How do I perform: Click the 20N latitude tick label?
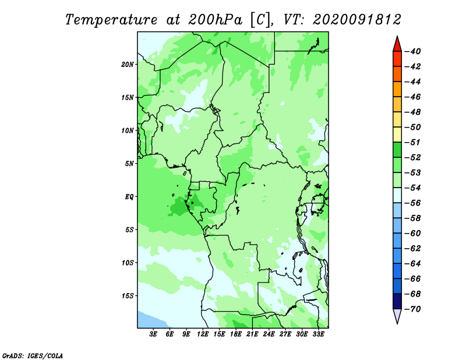tap(127, 65)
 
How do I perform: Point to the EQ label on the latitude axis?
tap(129, 197)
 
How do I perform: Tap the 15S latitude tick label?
tap(127, 296)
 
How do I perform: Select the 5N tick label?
tap(129, 164)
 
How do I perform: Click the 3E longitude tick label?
tap(153, 334)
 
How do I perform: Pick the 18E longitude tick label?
tap(236, 334)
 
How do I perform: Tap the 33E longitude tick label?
tap(318, 334)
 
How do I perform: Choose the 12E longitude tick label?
tap(203, 334)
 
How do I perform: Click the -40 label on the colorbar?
tap(412, 51)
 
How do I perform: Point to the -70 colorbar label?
tap(412, 309)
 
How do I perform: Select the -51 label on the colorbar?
tap(412, 142)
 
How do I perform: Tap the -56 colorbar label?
tap(412, 203)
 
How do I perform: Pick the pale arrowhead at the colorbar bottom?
tap(397, 315)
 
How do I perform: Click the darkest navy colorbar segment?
tap(397, 301)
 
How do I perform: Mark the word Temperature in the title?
tap(111, 20)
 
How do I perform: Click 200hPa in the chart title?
tap(215, 20)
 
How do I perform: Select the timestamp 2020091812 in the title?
tap(357, 20)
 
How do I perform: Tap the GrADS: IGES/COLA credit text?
tap(33, 355)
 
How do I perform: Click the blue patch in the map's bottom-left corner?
tap(149, 321)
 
